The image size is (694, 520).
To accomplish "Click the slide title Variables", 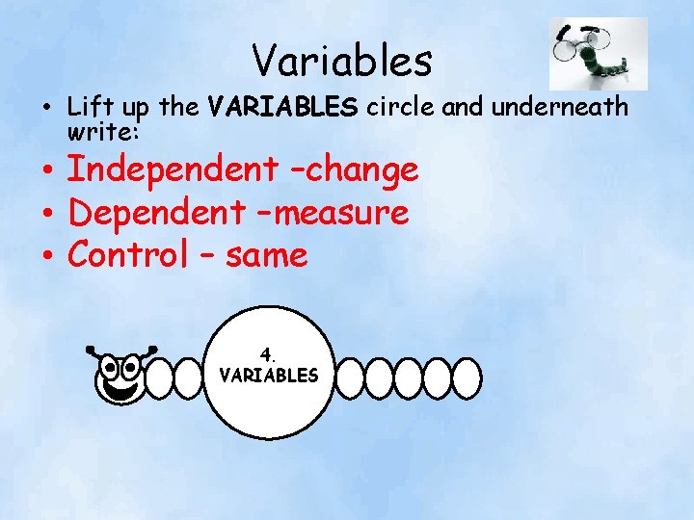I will pos(342,61).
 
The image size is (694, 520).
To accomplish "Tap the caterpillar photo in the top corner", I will pos(598,54).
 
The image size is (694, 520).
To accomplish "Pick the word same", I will pos(267,256).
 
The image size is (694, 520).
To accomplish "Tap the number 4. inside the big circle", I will pos(269,353).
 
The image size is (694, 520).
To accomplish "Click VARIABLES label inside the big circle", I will pos(269,375).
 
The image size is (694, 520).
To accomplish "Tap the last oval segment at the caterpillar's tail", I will pos(467,377).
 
